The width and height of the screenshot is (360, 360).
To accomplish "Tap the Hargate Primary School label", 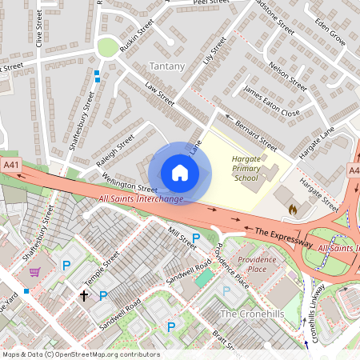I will pyautogui.click(x=246, y=168).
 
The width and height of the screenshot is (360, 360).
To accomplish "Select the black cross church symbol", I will pyautogui.click(x=84, y=295).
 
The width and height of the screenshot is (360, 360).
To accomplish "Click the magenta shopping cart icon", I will pyautogui.click(x=34, y=272).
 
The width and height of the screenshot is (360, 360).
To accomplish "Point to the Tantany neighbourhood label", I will pyautogui.click(x=167, y=66).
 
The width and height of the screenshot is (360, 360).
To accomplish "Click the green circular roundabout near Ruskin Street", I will pyautogui.click(x=106, y=48).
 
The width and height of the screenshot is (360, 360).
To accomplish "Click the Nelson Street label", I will pyautogui.click(x=288, y=76).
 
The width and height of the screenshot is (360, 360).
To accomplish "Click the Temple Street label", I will pyautogui.click(x=102, y=269).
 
